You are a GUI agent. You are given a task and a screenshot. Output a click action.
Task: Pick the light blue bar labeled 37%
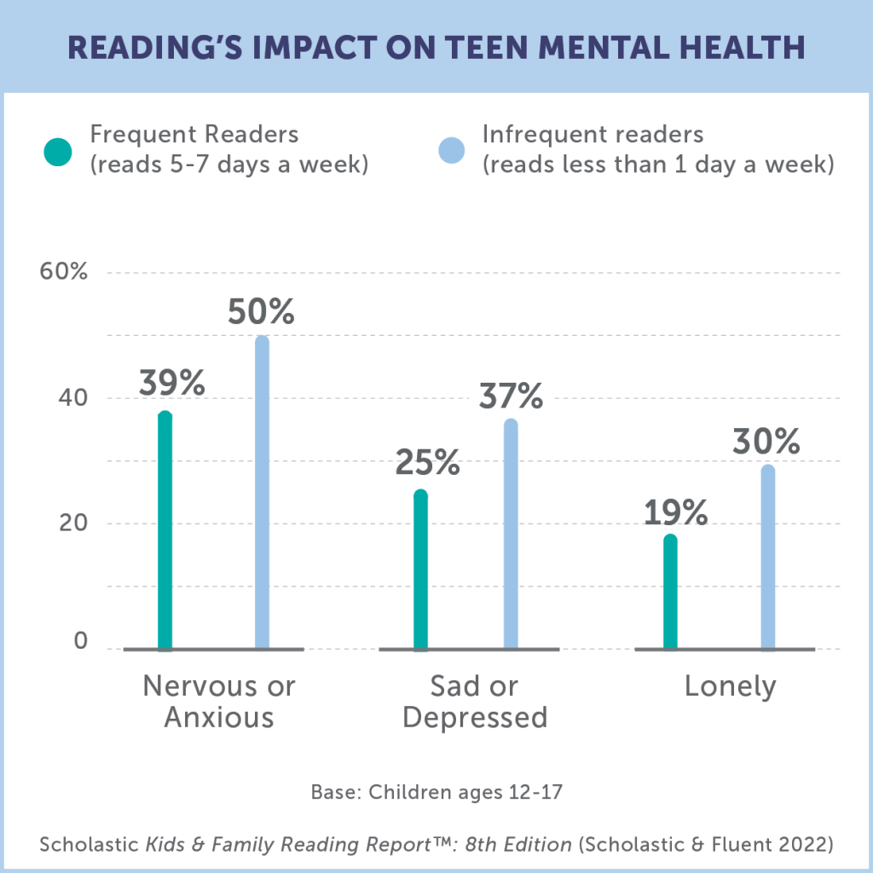[511, 534]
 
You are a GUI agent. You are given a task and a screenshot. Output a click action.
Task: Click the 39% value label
[171, 384]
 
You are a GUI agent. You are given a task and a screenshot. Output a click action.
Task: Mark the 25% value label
[427, 463]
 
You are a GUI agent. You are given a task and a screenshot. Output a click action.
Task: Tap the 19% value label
[675, 512]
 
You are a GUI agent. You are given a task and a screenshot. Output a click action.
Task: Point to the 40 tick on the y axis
[73, 398]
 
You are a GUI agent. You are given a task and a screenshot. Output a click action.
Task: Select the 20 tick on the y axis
[73, 523]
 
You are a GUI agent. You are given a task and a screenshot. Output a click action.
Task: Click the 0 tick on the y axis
[81, 641]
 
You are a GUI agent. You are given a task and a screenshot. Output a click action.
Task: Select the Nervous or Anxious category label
[219, 702]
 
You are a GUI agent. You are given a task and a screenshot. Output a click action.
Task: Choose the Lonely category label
[731, 687]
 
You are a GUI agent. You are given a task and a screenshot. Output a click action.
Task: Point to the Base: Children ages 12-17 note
[436, 792]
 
